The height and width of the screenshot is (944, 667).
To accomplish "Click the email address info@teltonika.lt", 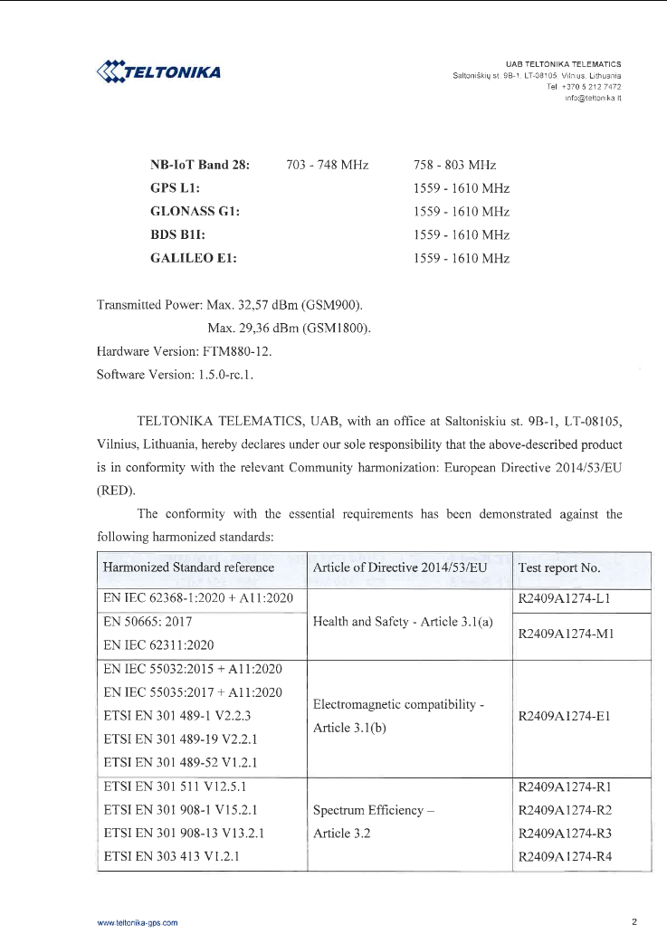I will (x=592, y=97).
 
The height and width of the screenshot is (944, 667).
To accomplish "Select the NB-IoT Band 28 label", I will (x=199, y=166).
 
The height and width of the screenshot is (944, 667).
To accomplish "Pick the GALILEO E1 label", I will (x=193, y=258).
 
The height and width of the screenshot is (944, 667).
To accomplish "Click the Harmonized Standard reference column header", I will (x=189, y=567).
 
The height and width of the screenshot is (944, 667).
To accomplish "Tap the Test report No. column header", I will (x=558, y=567).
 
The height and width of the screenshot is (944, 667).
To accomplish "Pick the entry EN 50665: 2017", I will (x=148, y=623).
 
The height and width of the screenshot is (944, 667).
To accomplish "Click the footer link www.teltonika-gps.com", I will (x=137, y=922).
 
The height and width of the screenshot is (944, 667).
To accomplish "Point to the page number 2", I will (x=634, y=922).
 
